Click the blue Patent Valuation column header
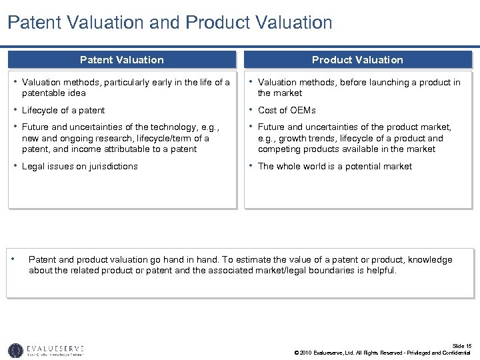[x=121, y=60]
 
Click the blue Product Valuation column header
[x=357, y=60]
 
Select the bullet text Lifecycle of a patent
[x=63, y=110]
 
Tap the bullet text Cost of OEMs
[x=287, y=110]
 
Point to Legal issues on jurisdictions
[x=80, y=166]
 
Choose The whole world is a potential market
[x=335, y=166]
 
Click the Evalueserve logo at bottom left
[x=46, y=350]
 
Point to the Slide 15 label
[x=461, y=346]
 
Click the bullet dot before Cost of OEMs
[x=251, y=109]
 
